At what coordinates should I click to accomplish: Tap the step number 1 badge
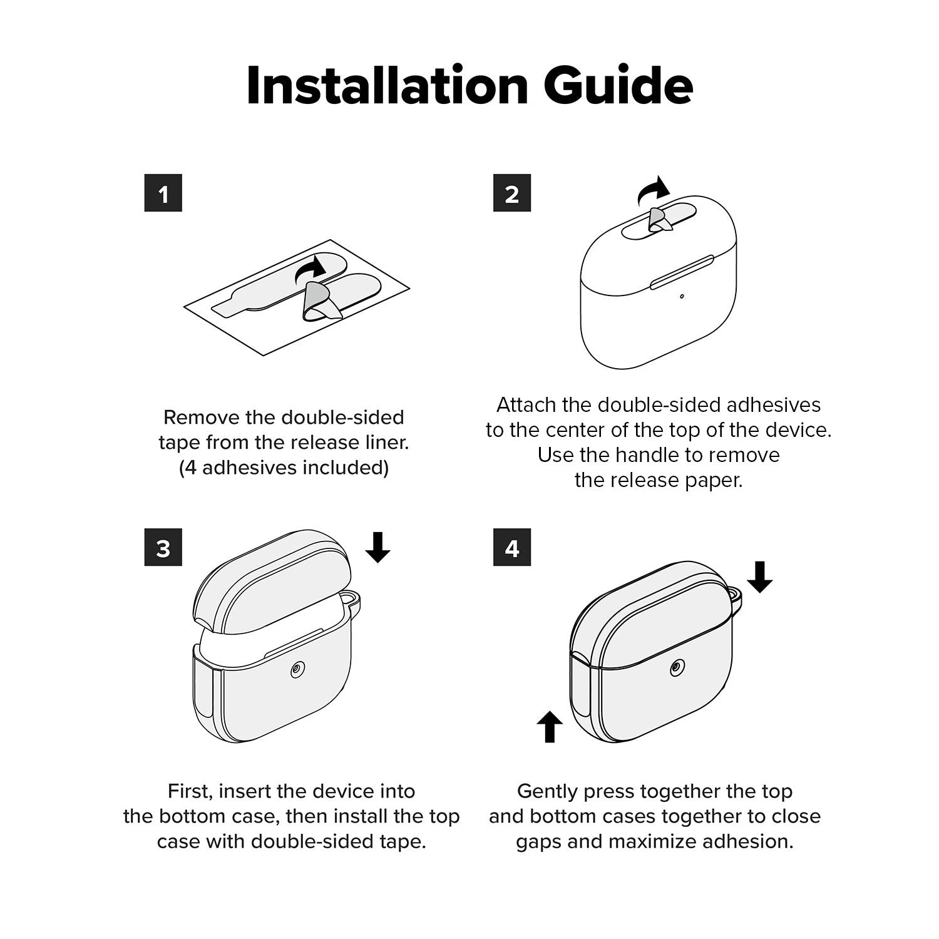(163, 193)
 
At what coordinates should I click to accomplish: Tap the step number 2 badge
(512, 193)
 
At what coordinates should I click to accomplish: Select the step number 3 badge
(163, 548)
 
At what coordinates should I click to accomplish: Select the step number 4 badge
(512, 548)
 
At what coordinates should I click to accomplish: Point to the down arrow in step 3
(377, 547)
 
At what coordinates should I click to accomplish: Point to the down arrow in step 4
(760, 577)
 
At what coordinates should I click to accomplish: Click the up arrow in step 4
(550, 726)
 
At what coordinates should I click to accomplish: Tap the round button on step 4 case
(676, 668)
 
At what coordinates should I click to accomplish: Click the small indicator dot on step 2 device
(682, 296)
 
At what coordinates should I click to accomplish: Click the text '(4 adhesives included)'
(284, 468)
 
